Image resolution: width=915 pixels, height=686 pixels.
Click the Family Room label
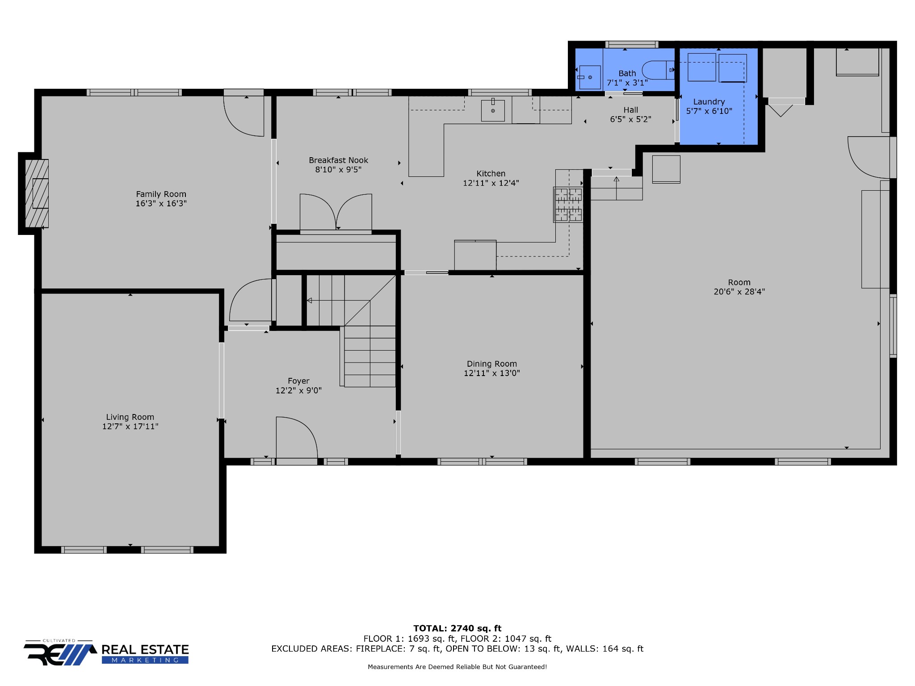pyautogui.click(x=161, y=194)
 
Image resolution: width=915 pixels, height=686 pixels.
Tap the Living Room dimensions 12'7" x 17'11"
pyautogui.click(x=130, y=427)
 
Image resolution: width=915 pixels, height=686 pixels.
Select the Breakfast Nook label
pyautogui.click(x=338, y=160)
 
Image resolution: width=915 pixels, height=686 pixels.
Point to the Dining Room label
pyautogui.click(x=492, y=364)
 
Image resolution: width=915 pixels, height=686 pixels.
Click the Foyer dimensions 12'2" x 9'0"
pyautogui.click(x=298, y=390)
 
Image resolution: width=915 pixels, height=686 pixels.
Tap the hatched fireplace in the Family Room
pyautogui.click(x=37, y=193)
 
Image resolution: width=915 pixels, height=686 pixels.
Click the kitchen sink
pyautogui.click(x=493, y=110)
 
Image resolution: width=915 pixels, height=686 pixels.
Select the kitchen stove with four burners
pyautogui.click(x=568, y=205)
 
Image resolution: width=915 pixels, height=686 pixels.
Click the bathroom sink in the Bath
pyautogui.click(x=590, y=77)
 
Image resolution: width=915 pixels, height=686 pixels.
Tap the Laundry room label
pyautogui.click(x=709, y=102)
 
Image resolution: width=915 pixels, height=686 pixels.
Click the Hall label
pyautogui.click(x=631, y=110)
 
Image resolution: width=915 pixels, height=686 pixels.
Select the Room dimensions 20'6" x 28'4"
pyautogui.click(x=739, y=292)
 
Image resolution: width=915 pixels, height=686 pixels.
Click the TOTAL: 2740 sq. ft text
pyautogui.click(x=457, y=628)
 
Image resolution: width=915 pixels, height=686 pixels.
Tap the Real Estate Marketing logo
pyautogui.click(x=106, y=653)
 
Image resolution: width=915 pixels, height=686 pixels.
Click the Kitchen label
pyautogui.click(x=491, y=174)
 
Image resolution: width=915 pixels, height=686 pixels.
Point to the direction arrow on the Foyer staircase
pyautogui.click(x=338, y=301)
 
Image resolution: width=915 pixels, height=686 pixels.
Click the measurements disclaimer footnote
pyautogui.click(x=457, y=667)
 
